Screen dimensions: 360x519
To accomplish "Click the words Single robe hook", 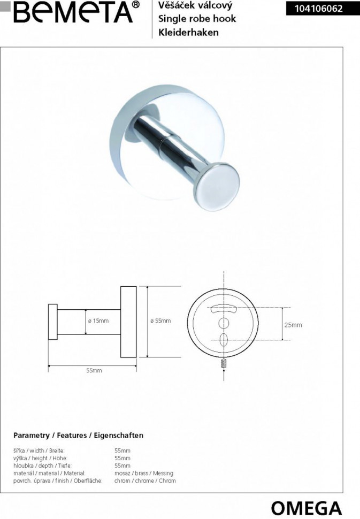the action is pos(197,19).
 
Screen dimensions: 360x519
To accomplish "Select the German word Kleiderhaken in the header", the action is pos(188,32).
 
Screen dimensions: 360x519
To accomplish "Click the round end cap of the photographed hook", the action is pos(217,186).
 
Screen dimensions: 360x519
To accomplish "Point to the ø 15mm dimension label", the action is pos(98,320).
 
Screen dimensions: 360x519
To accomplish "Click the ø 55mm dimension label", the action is pos(160,320).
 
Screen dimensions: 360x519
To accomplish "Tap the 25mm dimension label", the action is pos(293,325).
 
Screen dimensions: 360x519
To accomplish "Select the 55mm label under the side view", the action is pos(94,371).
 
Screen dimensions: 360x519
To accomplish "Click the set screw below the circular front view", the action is pos(224,363).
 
